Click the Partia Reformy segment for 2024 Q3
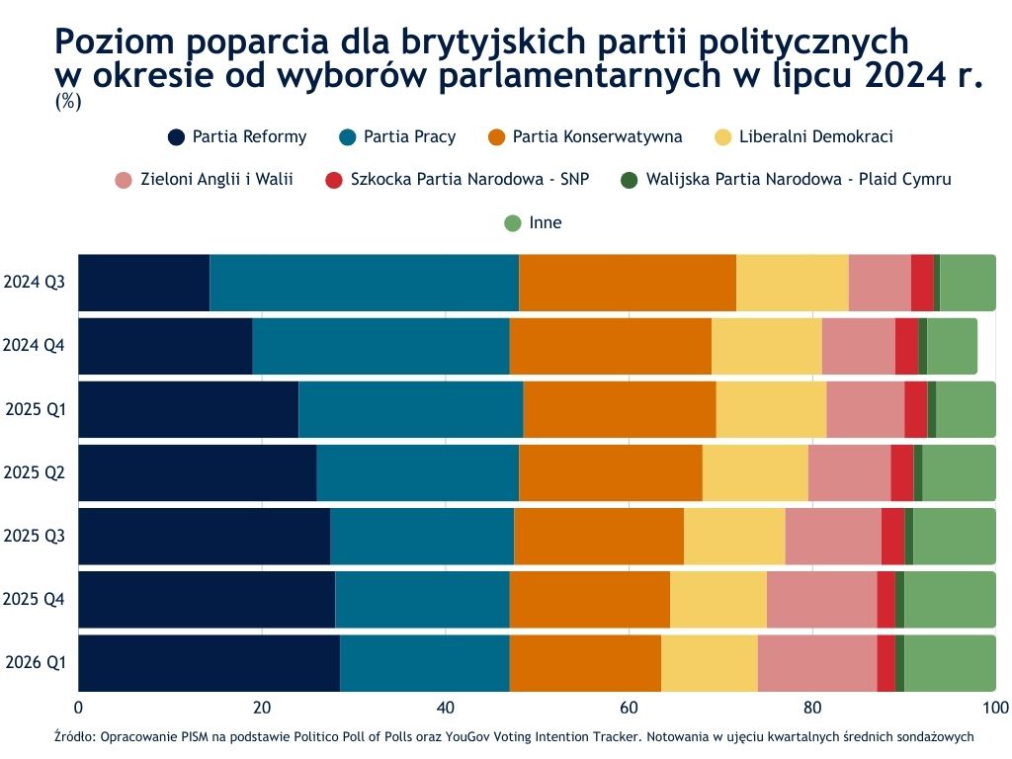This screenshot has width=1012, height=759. click(x=143, y=283)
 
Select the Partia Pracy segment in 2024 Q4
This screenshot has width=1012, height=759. click(x=380, y=346)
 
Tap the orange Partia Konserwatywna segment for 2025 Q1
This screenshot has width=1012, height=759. click(x=619, y=409)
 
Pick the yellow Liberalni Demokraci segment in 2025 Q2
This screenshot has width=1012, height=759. click(x=755, y=472)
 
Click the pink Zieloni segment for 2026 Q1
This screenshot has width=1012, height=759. click(x=816, y=662)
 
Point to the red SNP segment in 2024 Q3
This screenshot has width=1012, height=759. click(x=922, y=283)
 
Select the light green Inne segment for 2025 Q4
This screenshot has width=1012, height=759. click(x=950, y=599)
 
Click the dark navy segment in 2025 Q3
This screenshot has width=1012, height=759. click(x=204, y=536)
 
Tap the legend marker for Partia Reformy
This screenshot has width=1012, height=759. click(x=177, y=137)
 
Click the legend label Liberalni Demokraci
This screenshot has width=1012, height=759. click(x=815, y=137)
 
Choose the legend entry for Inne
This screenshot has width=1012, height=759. click(x=545, y=223)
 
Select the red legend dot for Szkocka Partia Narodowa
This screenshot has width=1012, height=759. click(x=334, y=180)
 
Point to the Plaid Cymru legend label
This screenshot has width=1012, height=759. click(x=798, y=180)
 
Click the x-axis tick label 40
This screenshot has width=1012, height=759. click(x=445, y=708)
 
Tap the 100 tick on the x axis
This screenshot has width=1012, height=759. click(x=994, y=708)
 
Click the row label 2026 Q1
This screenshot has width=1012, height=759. click(x=35, y=662)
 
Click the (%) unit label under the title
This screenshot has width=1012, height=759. click(x=68, y=101)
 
